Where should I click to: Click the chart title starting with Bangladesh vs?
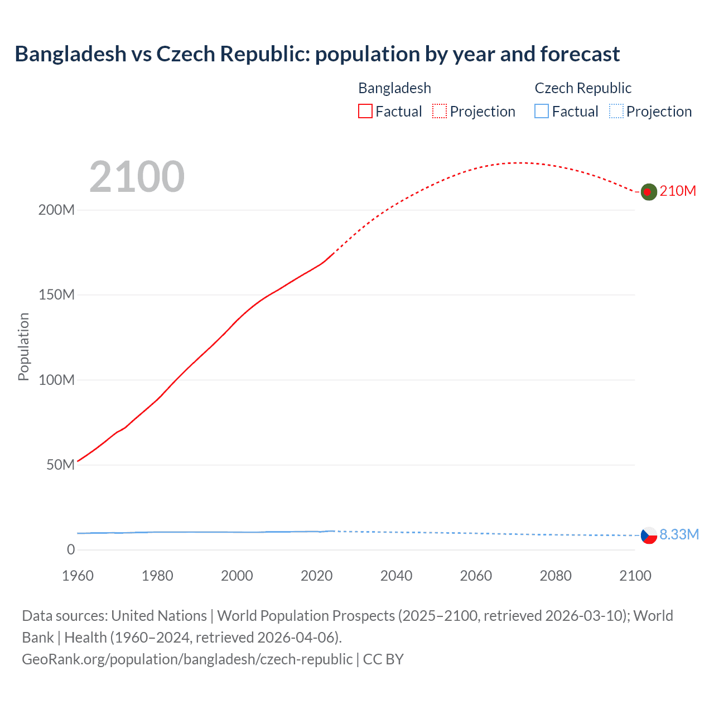tap(317, 54)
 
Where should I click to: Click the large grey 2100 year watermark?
tap(137, 177)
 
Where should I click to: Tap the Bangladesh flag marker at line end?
tap(648, 192)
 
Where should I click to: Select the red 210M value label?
tap(678, 191)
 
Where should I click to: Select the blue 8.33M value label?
tap(679, 534)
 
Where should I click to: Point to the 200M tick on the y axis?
tap(56, 210)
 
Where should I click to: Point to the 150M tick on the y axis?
tap(56, 295)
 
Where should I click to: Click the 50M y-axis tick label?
tap(60, 465)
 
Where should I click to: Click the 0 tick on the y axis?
tap(71, 550)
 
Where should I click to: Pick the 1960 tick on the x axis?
tap(78, 576)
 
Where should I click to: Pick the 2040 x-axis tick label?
tap(396, 576)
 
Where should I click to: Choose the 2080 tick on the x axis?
tap(556, 576)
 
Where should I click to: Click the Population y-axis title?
tap(23, 346)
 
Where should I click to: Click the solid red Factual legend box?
tap(365, 112)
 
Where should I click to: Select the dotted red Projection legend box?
tap(440, 112)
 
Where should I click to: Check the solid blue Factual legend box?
tap(542, 112)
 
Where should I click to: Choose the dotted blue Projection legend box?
tap(616, 112)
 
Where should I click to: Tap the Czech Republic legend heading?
tap(583, 88)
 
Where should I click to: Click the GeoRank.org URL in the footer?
tap(187, 659)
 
